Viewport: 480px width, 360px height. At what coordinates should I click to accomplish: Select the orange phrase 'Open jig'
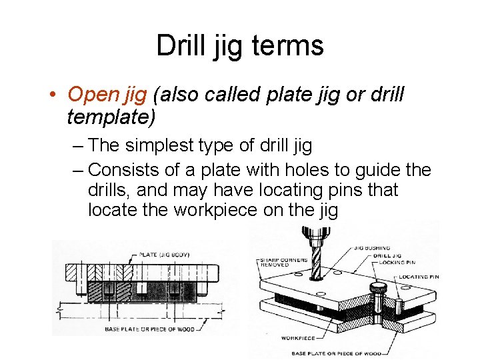point(107,95)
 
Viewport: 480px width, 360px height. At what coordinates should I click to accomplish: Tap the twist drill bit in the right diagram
point(314,257)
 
